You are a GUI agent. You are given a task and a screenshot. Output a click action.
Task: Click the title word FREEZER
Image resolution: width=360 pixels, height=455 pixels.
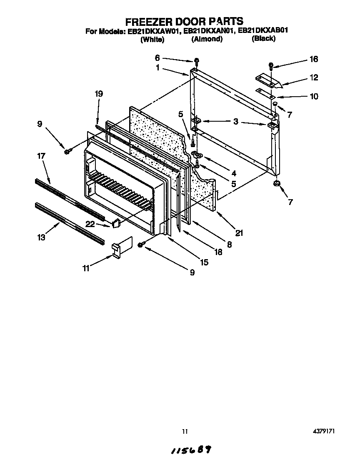(x=145, y=21)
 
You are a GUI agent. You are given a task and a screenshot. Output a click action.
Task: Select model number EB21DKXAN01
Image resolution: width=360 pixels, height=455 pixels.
(x=207, y=30)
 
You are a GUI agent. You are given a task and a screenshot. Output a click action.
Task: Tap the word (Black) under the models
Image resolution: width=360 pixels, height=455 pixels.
(x=263, y=39)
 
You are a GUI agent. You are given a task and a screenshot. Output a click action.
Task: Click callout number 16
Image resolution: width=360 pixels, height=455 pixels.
(x=313, y=59)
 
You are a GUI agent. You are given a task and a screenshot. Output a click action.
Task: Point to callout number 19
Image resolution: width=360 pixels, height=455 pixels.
(x=99, y=94)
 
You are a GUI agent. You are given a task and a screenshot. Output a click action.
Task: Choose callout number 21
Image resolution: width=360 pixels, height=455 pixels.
(x=239, y=233)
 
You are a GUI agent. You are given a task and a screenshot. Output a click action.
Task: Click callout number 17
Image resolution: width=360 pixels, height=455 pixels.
(x=41, y=156)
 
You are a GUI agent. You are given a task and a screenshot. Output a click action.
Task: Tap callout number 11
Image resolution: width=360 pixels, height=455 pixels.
(x=85, y=268)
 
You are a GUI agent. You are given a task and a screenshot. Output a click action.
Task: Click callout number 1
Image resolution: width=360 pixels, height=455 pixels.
(x=158, y=67)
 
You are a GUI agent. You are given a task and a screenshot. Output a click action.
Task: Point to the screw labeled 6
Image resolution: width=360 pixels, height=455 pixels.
(x=196, y=62)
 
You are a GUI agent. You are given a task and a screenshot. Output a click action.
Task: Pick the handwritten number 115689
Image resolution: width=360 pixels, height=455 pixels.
(x=190, y=449)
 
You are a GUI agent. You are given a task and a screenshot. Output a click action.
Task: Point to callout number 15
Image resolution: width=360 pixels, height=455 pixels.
(x=204, y=262)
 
